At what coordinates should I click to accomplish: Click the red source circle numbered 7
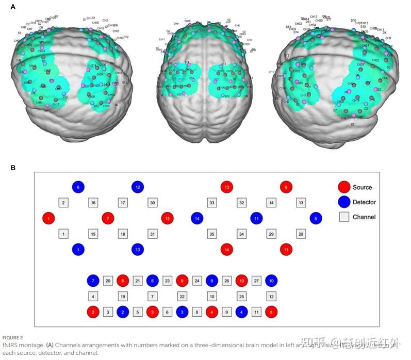click(108, 218)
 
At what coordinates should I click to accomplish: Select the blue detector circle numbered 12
click(137, 187)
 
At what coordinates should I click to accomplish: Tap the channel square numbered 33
click(212, 203)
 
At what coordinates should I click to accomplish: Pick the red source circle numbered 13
click(227, 187)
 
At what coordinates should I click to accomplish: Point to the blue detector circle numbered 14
click(197, 218)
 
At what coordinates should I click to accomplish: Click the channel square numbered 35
click(212, 234)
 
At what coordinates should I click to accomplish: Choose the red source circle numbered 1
click(48, 218)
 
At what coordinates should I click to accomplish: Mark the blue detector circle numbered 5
click(316, 218)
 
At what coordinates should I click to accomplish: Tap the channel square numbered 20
click(108, 281)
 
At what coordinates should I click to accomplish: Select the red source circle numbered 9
click(182, 281)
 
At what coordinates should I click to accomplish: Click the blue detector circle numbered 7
click(93, 281)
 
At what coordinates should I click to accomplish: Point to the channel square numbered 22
click(182, 297)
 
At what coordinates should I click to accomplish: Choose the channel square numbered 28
click(301, 234)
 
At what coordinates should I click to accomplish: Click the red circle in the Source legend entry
click(344, 187)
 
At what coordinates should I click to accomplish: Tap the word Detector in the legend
click(364, 202)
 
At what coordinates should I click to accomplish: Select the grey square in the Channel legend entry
click(344, 217)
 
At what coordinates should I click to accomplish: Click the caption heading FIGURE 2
click(12, 337)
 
